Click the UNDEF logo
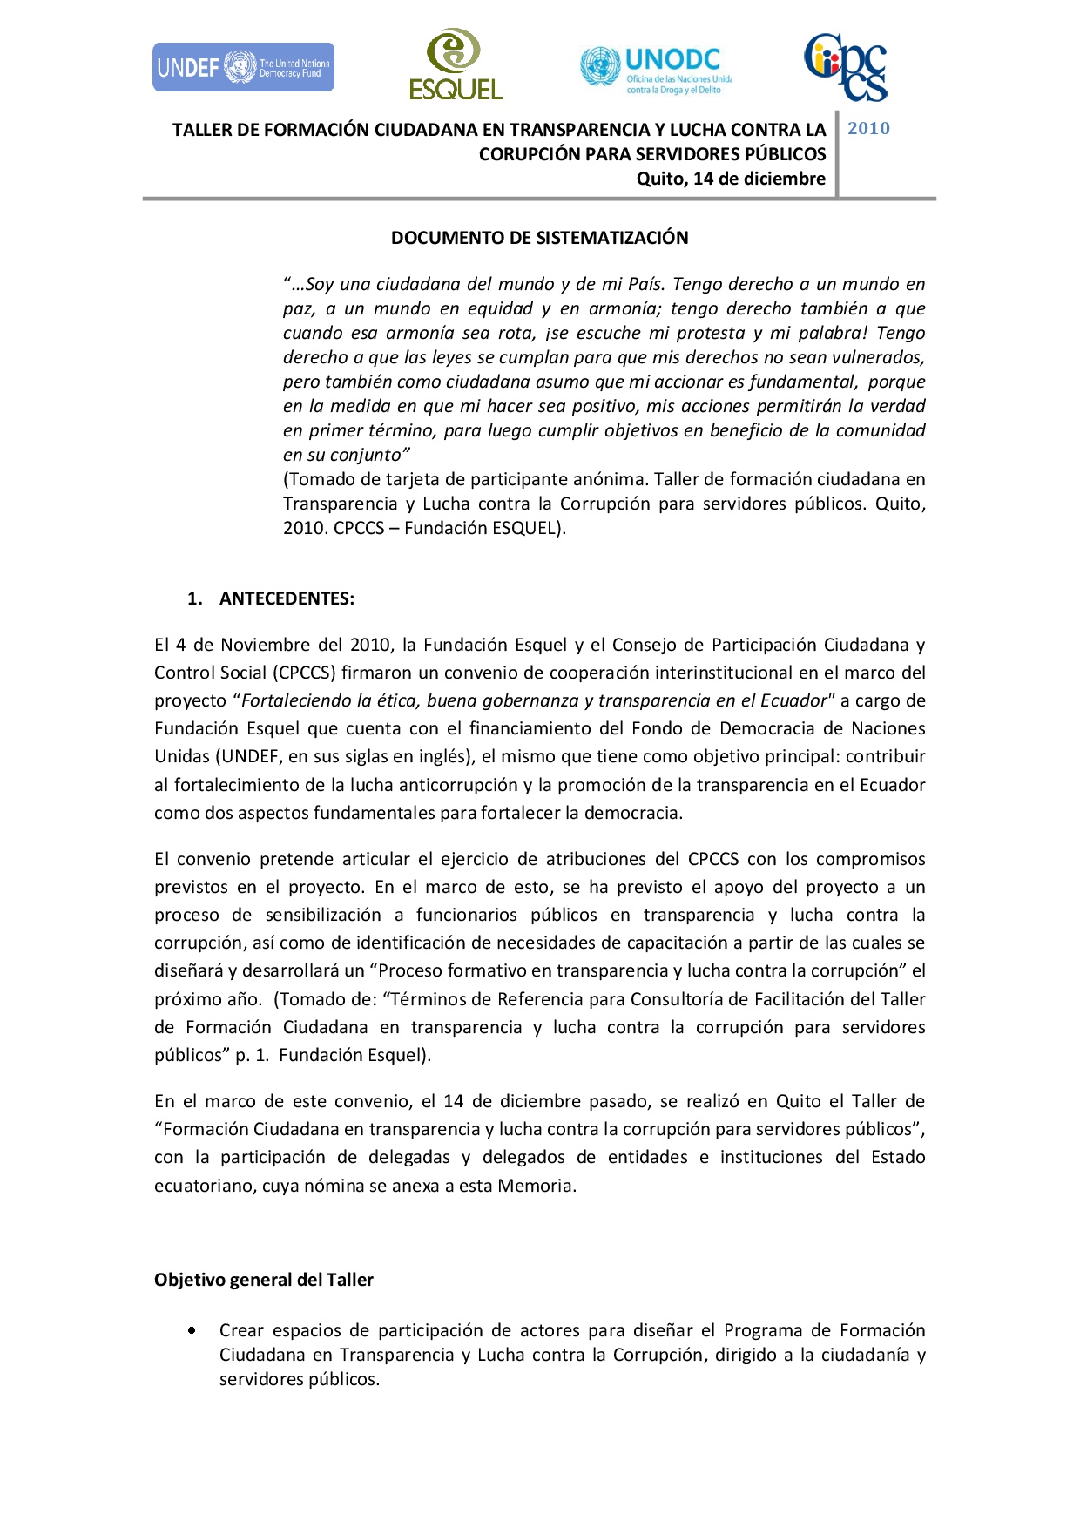tap(243, 67)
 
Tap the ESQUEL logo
tap(456, 64)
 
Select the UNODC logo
tap(656, 68)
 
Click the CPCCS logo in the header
tap(845, 67)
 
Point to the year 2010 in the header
tap(868, 129)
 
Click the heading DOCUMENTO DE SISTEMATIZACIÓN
tap(539, 238)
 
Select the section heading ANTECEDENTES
tap(287, 598)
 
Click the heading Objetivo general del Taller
tap(263, 1280)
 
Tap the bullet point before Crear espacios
tap(192, 1330)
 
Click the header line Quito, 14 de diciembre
tap(731, 179)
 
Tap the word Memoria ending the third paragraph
tap(535, 1186)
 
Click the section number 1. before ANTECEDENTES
tap(195, 598)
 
